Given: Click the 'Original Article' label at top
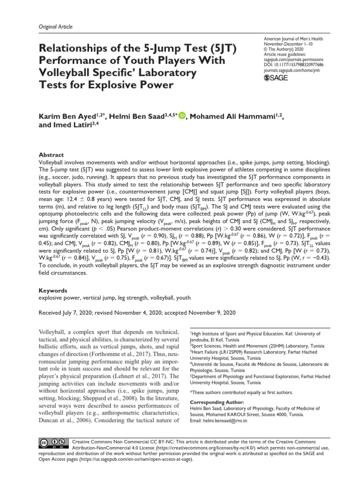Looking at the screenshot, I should click(55, 27).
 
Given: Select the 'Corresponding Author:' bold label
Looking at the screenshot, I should click(217, 402).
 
